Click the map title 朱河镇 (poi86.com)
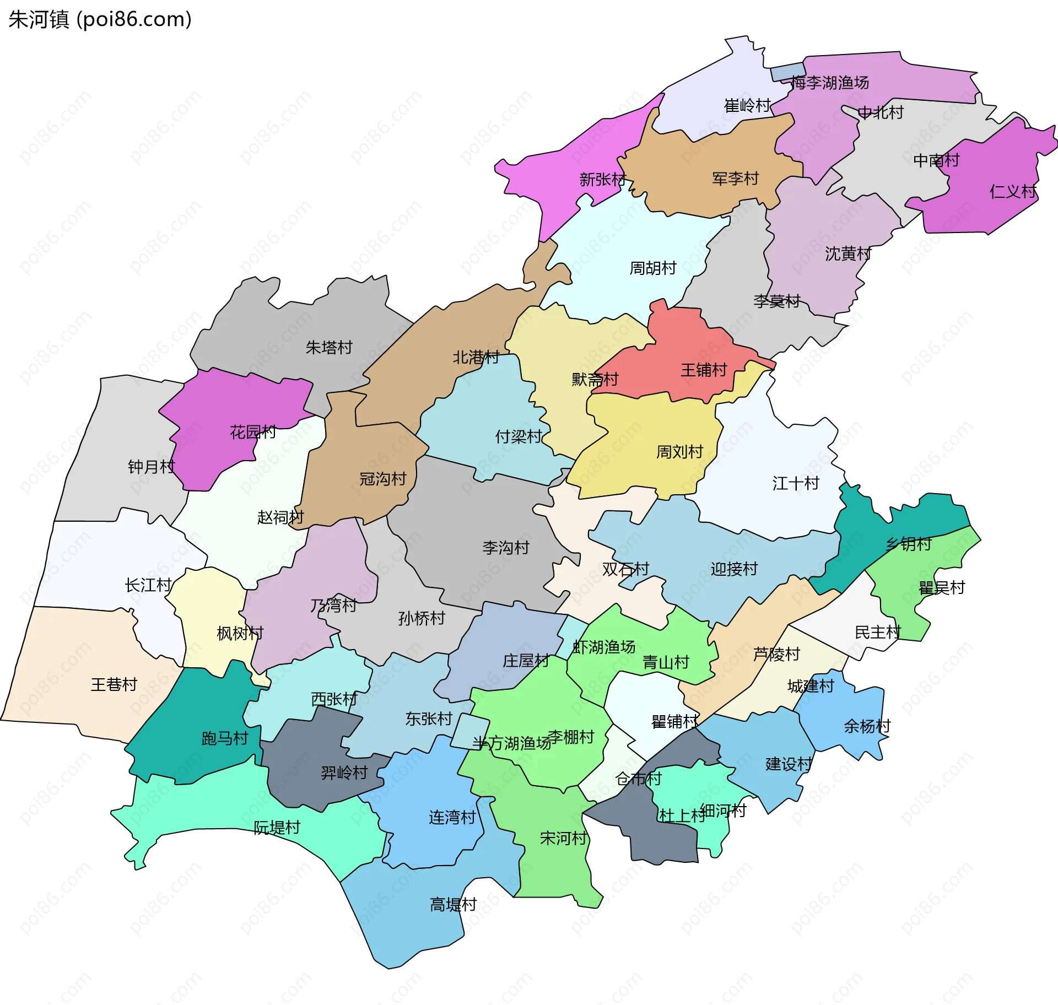click(100, 19)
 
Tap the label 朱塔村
click(329, 348)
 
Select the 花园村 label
click(253, 432)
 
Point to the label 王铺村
click(704, 370)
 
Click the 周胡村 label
click(653, 268)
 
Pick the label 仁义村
click(1013, 192)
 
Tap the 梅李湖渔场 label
click(830, 83)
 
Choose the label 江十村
click(796, 483)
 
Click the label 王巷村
click(114, 684)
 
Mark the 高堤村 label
click(453, 905)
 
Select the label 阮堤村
click(277, 828)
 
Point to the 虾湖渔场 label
click(604, 647)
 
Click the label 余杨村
click(867, 726)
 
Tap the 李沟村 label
click(506, 548)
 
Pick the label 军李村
click(735, 179)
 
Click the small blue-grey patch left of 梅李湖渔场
click(787, 72)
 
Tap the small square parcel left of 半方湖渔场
click(470, 732)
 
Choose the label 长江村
click(148, 585)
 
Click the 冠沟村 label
click(383, 479)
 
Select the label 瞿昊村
click(942, 588)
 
